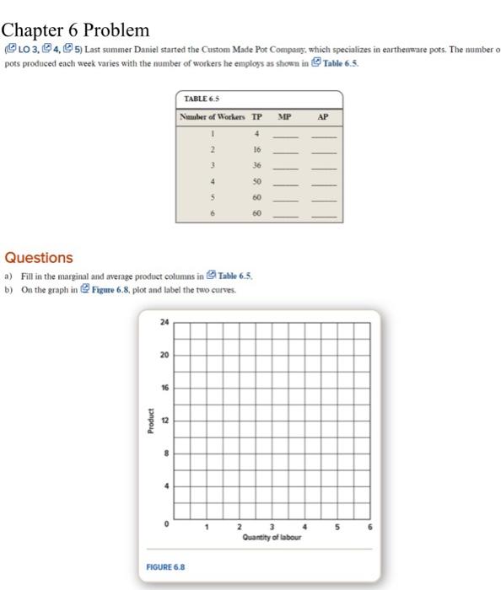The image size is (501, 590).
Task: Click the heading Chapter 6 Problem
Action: (75, 30)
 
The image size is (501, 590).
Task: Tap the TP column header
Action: (258, 116)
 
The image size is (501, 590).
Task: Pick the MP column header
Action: (287, 116)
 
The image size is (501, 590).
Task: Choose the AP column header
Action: (324, 116)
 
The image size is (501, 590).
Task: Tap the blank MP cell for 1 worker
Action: (288, 135)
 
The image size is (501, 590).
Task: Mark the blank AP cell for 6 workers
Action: (325, 217)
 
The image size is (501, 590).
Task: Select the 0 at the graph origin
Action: (168, 523)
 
